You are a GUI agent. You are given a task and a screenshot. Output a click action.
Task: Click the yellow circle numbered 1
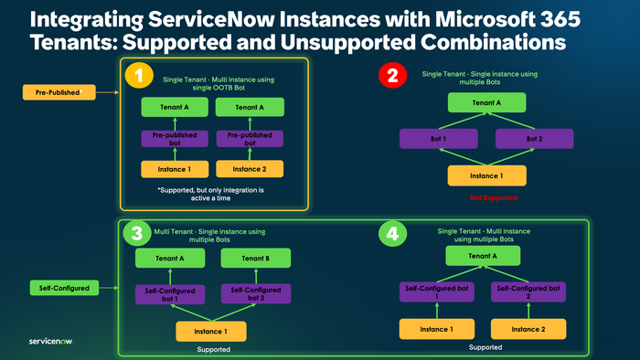pyautogui.click(x=139, y=77)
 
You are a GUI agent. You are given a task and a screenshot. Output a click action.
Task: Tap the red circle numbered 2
pyautogui.click(x=392, y=76)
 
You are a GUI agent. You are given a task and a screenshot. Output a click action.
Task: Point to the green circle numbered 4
pyautogui.click(x=391, y=234)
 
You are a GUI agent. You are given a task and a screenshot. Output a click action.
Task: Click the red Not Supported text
pyautogui.click(x=487, y=197)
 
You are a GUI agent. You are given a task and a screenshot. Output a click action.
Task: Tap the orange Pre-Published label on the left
pyautogui.click(x=59, y=92)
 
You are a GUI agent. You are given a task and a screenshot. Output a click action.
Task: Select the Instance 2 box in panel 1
pyautogui.click(x=248, y=168)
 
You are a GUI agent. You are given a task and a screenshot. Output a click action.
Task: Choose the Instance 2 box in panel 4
pyautogui.click(x=528, y=327)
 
